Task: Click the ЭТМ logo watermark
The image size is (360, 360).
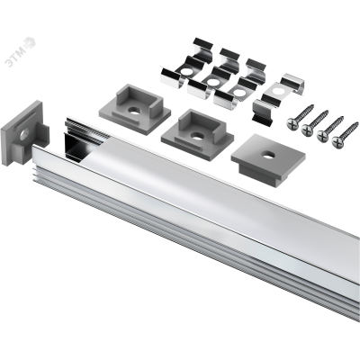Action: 21,51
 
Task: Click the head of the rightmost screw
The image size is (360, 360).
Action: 337,140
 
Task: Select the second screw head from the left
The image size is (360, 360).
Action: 308,129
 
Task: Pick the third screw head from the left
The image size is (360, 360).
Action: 323,135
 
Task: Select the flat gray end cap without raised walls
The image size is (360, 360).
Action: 268,157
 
